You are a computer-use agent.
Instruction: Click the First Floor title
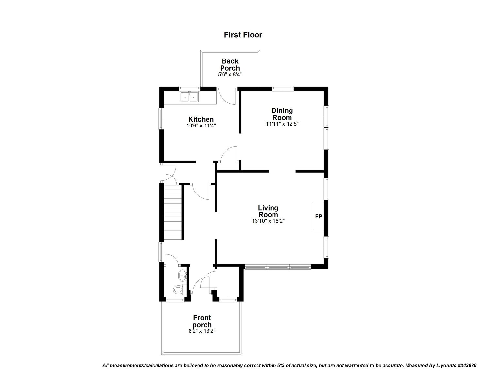[243, 35]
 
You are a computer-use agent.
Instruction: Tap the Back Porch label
[230, 64]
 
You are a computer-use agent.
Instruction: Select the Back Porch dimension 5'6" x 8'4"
[230, 75]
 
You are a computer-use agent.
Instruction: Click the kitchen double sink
[190, 97]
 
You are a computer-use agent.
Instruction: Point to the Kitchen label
[201, 119]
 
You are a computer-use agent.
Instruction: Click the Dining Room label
[282, 114]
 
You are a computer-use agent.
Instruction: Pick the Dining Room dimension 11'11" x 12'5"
[282, 124]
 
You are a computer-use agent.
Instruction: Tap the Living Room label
[268, 211]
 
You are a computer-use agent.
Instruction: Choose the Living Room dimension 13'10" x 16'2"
[268, 221]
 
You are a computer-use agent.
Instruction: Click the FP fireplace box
[318, 216]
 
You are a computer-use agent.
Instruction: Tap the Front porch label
[202, 321]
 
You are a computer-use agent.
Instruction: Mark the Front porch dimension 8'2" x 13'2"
[202, 331]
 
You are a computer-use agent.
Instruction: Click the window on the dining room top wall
[283, 88]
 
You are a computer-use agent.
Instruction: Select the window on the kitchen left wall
[161, 118]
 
